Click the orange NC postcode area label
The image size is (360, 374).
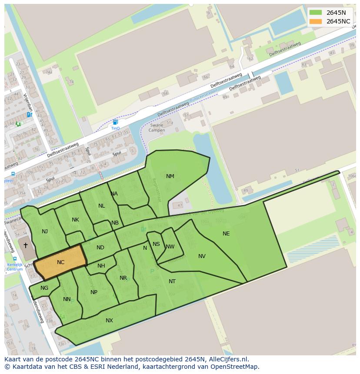(x=60, y=262)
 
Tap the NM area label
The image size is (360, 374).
(x=170, y=176)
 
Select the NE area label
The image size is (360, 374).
(x=226, y=234)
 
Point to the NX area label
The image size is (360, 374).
(x=109, y=321)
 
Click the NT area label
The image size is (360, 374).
(x=172, y=281)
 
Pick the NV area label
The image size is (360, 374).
(x=202, y=256)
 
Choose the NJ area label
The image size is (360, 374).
(x=45, y=232)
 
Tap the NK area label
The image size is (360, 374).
(x=75, y=220)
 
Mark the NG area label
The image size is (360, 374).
(x=44, y=288)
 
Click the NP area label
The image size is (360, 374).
(x=94, y=292)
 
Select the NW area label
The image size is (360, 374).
(x=170, y=247)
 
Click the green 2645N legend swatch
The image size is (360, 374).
(x=316, y=13)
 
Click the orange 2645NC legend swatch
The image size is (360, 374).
(x=316, y=21)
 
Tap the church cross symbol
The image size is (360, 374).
(x=26, y=245)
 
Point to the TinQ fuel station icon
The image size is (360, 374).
(x=115, y=122)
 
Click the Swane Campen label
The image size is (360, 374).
(x=157, y=128)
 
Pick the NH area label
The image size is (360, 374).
(x=101, y=266)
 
